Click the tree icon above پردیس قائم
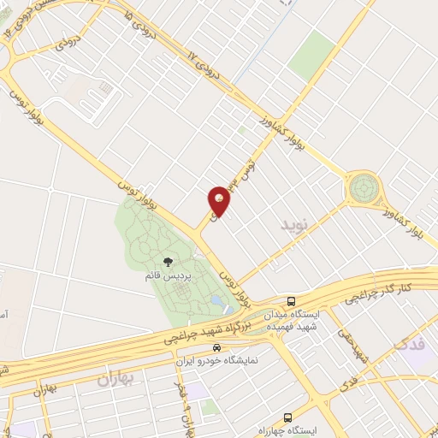click(168, 263)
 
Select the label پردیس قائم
click(169, 277)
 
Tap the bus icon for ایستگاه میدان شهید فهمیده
click(292, 301)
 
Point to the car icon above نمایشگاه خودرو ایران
click(217, 348)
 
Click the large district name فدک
click(407, 346)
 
